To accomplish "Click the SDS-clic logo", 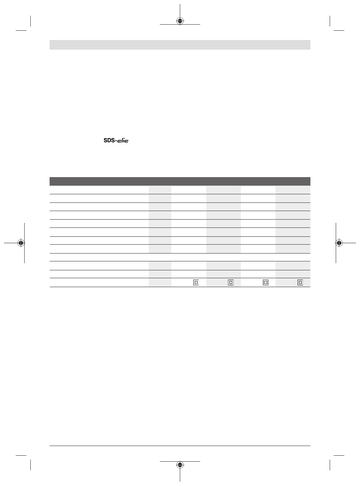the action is click(116, 140).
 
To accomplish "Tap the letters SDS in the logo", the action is click(109, 140).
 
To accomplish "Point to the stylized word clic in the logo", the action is click(123, 140).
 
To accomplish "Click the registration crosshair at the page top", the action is click(180, 21).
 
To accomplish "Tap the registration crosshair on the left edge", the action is click(21, 243).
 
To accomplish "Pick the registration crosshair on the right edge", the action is click(339, 243).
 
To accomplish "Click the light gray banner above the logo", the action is click(180, 45).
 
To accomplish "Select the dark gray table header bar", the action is click(180, 181).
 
